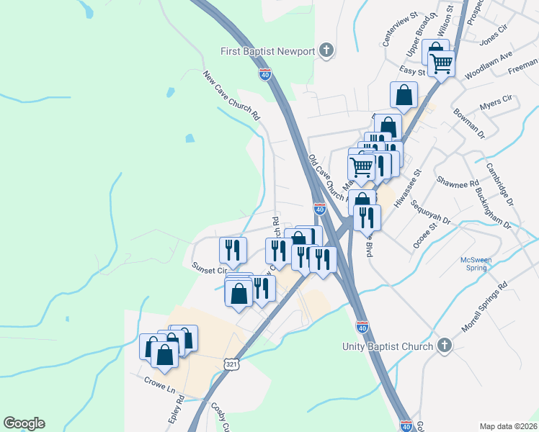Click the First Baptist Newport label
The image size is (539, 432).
click(x=267, y=51)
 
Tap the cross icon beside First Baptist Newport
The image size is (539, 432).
click(x=326, y=50)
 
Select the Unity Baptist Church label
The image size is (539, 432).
click(x=387, y=346)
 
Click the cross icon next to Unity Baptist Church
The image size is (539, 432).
click(x=445, y=346)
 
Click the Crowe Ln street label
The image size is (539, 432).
click(x=160, y=384)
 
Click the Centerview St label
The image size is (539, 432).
click(x=401, y=29)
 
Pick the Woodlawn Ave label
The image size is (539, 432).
click(x=488, y=65)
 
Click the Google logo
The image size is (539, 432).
click(x=24, y=423)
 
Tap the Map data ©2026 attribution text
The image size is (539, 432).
click(x=508, y=426)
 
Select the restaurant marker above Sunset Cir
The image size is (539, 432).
click(x=233, y=250)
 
